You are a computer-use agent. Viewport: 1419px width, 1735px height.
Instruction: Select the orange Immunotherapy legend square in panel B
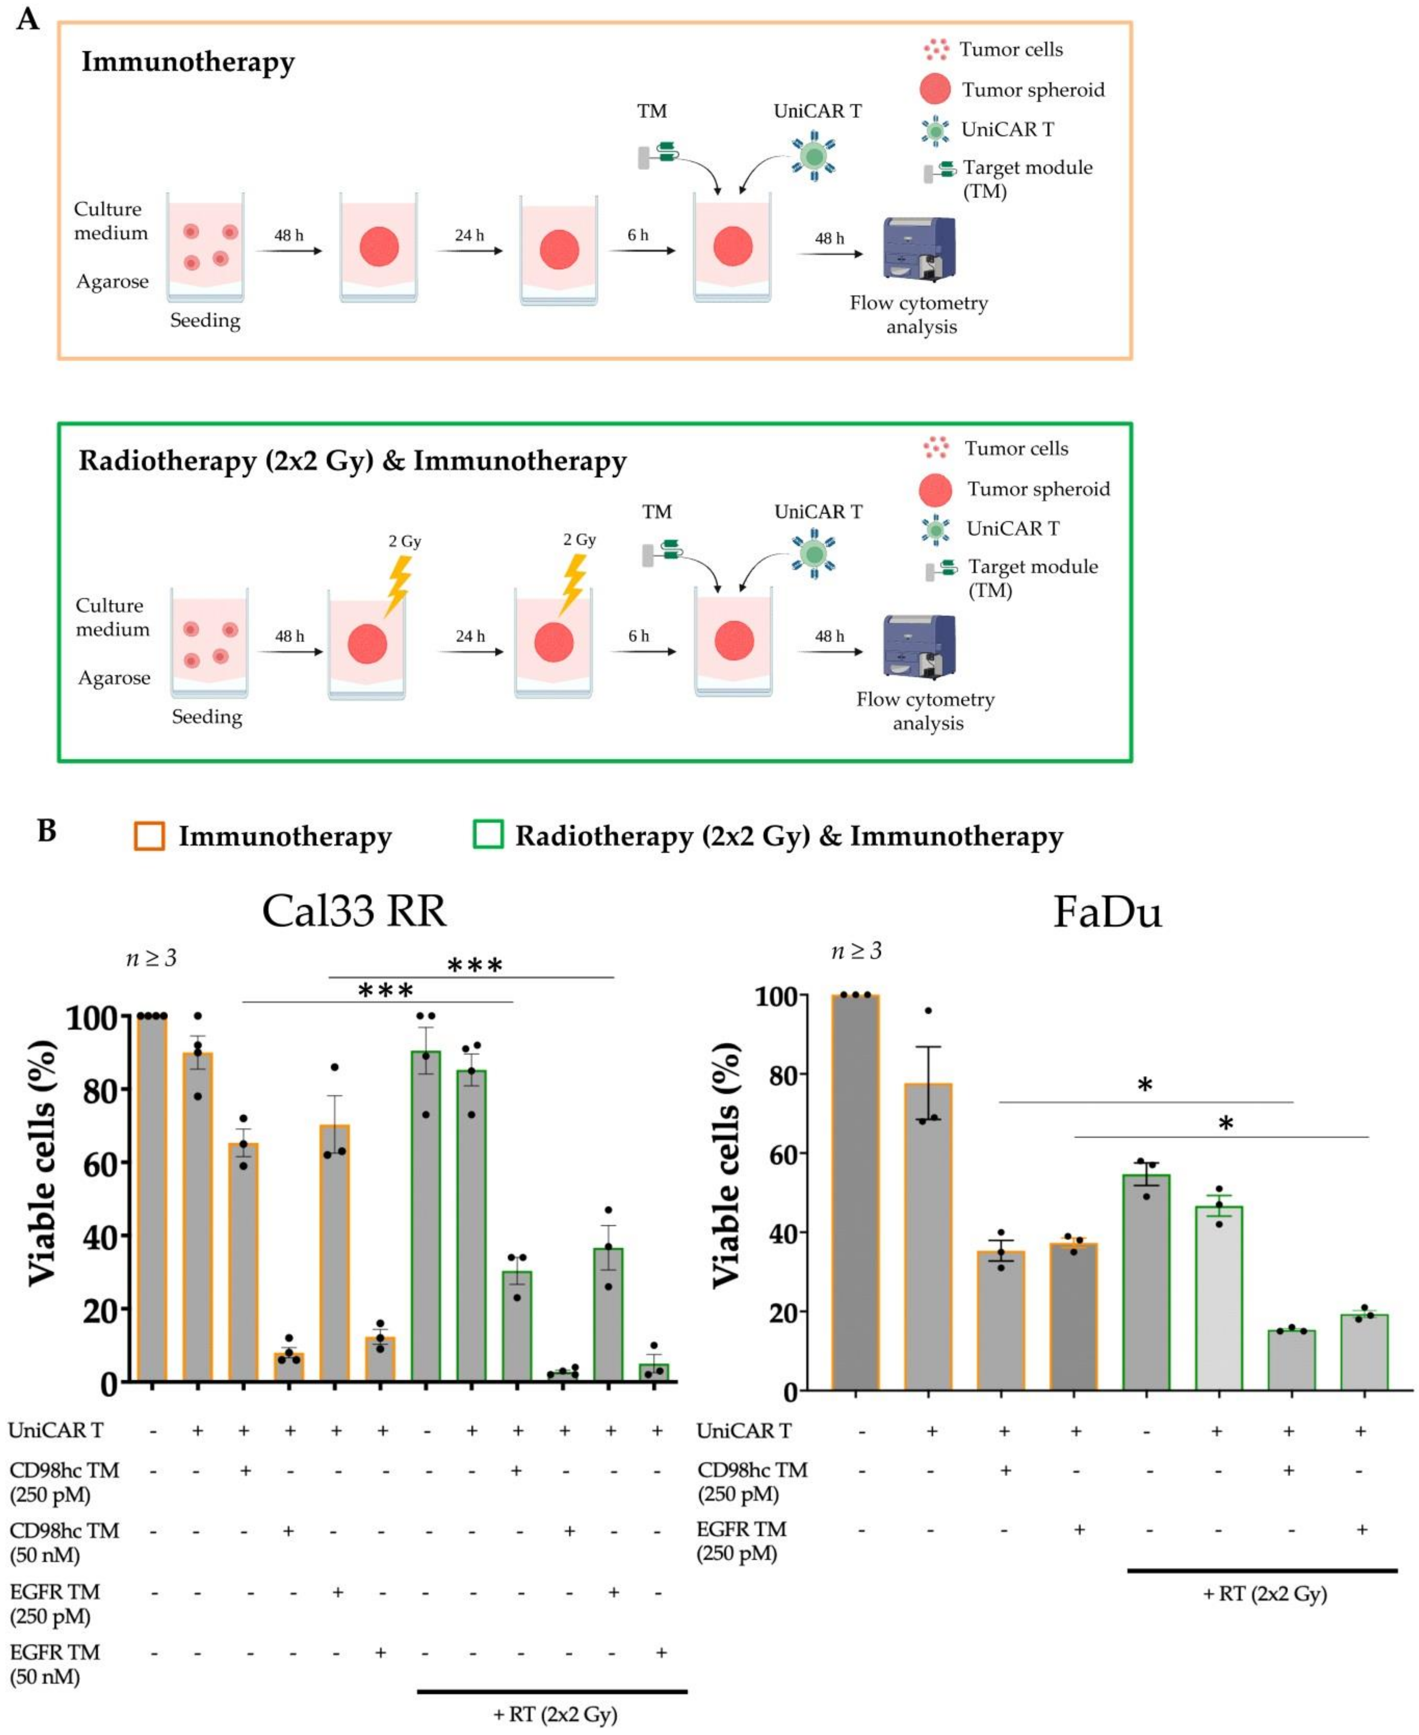pos(150,835)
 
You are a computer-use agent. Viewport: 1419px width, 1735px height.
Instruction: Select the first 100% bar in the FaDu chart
pos(855,1191)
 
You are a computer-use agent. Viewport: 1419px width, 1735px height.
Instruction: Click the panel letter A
pos(28,18)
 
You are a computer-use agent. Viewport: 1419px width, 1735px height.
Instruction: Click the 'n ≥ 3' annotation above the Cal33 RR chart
pos(151,957)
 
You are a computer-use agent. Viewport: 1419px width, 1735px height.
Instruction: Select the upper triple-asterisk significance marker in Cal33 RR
pos(475,965)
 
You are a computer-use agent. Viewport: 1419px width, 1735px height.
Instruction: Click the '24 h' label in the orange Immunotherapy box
pos(469,236)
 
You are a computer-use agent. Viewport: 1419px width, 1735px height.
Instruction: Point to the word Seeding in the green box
pos(207,717)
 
